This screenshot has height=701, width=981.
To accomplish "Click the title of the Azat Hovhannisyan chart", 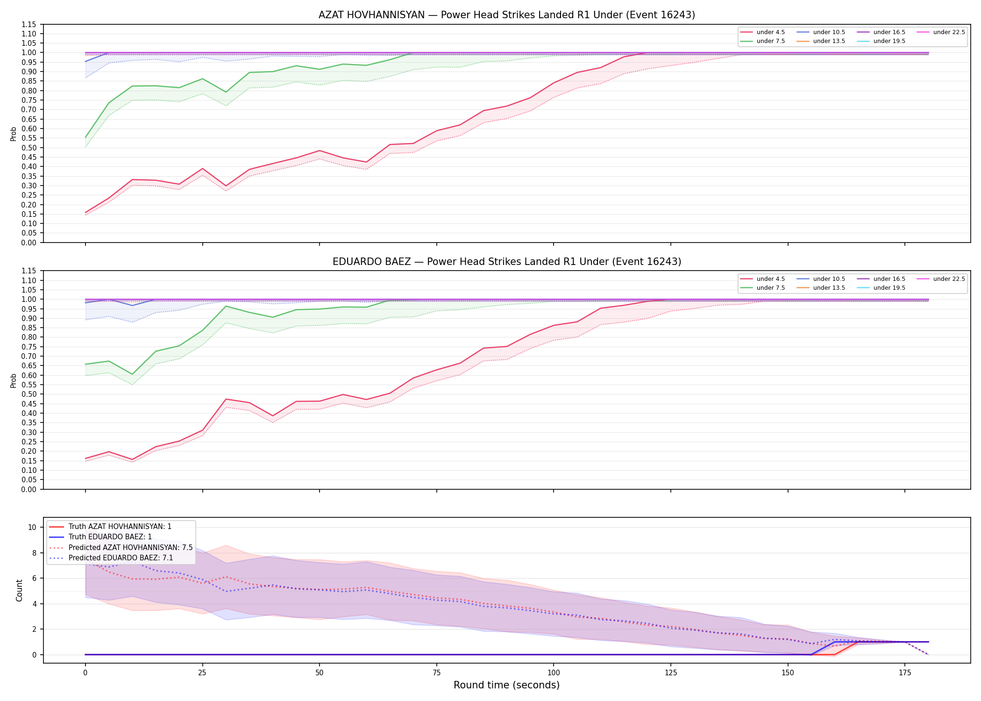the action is click(506, 15).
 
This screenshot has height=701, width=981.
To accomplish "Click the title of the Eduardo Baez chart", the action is click(506, 262).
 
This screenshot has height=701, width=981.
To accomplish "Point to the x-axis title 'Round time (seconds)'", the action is click(506, 685).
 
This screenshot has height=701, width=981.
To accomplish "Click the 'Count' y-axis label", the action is click(19, 590).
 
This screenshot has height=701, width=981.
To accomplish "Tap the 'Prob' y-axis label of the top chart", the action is click(14, 134).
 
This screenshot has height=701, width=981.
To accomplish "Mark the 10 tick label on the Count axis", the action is click(32, 527).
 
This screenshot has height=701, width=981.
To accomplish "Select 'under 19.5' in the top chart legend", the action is click(889, 41).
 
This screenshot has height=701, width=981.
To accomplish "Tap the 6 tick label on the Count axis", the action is click(34, 578).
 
